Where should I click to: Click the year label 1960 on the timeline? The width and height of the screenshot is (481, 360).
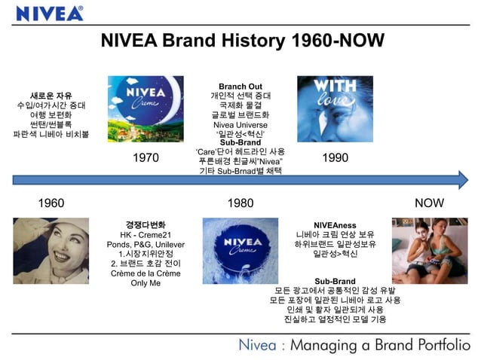click(51, 203)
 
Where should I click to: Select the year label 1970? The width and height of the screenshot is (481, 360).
click(146, 158)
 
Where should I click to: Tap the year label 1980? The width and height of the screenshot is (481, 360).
click(240, 203)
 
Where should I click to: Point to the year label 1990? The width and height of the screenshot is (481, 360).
click(335, 158)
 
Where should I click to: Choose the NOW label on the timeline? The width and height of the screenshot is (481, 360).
click(429, 203)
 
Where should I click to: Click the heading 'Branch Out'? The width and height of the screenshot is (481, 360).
click(240, 86)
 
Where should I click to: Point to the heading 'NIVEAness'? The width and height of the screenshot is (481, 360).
click(335, 224)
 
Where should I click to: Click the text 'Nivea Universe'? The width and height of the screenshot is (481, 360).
click(240, 124)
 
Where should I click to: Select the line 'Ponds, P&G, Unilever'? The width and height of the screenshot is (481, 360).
click(146, 245)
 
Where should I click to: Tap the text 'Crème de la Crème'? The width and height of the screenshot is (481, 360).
click(146, 273)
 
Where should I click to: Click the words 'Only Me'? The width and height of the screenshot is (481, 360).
click(146, 283)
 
